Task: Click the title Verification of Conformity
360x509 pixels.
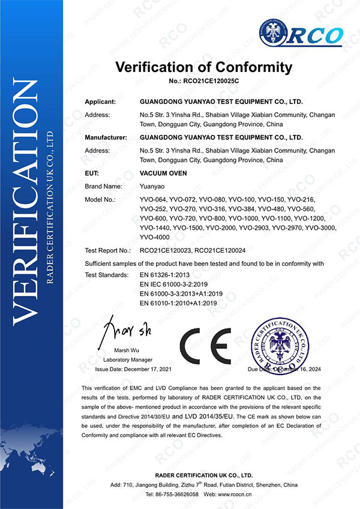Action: [203, 66]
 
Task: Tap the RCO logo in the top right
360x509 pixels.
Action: [300, 34]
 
